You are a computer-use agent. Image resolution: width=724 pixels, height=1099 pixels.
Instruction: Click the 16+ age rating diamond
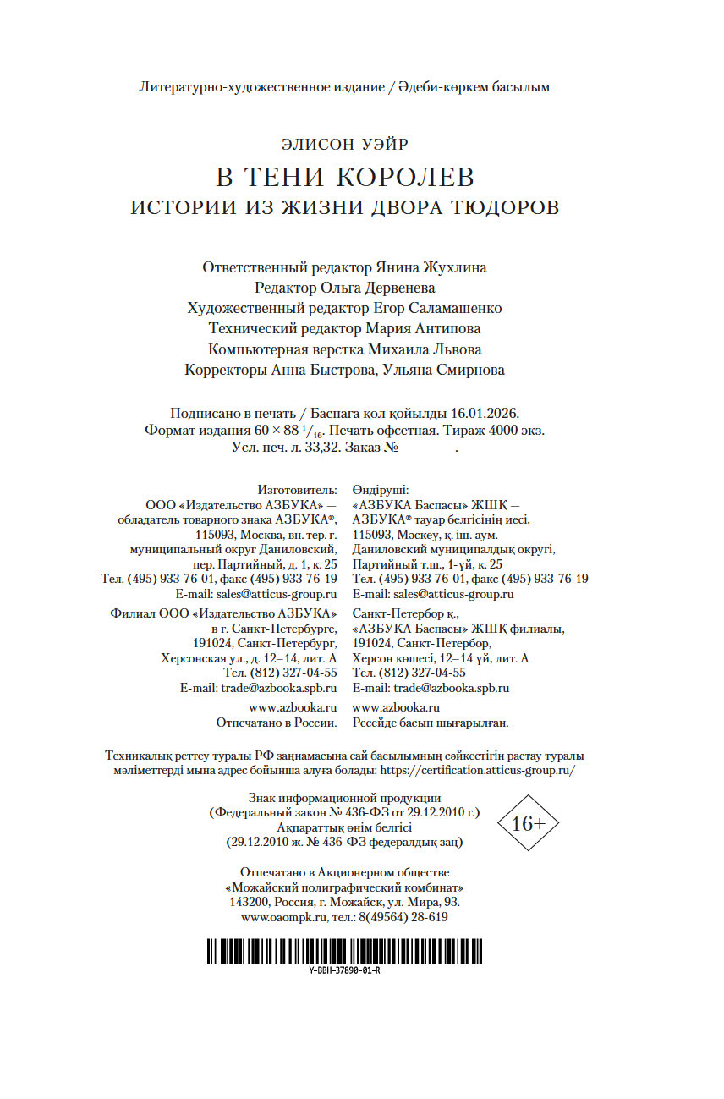point(529,823)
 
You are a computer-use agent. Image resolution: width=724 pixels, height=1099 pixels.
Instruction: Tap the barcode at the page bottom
point(344,950)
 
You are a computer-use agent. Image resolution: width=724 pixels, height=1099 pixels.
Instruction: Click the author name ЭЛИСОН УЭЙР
point(344,145)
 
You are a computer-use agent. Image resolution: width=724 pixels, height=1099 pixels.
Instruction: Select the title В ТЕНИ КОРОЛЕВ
point(344,178)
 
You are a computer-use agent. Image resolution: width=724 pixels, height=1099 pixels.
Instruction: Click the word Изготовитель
point(296,490)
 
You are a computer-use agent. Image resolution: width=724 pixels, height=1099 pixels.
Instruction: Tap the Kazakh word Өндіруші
point(381,490)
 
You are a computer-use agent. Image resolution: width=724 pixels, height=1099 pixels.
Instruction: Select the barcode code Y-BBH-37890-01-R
point(344,970)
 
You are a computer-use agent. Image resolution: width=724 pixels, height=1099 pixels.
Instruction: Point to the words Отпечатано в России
point(277,723)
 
